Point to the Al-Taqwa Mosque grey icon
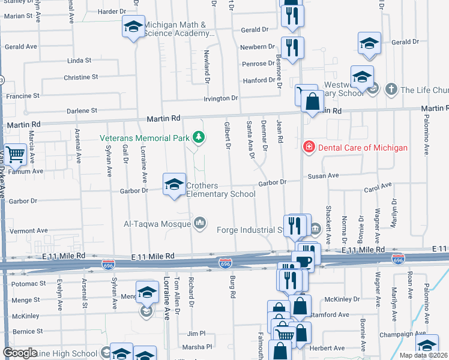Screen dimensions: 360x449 (200, 224)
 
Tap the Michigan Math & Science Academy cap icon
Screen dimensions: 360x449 (133, 27)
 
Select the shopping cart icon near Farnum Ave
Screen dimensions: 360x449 (15, 155)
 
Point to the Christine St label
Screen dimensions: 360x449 (80, 77)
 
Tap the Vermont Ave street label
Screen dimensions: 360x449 (28, 231)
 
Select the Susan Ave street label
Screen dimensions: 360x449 (324, 176)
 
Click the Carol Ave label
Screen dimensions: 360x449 (378, 188)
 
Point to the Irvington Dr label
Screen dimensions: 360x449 (221, 98)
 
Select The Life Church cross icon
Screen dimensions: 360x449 (391, 89)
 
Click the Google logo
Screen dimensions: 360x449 (20, 353)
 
